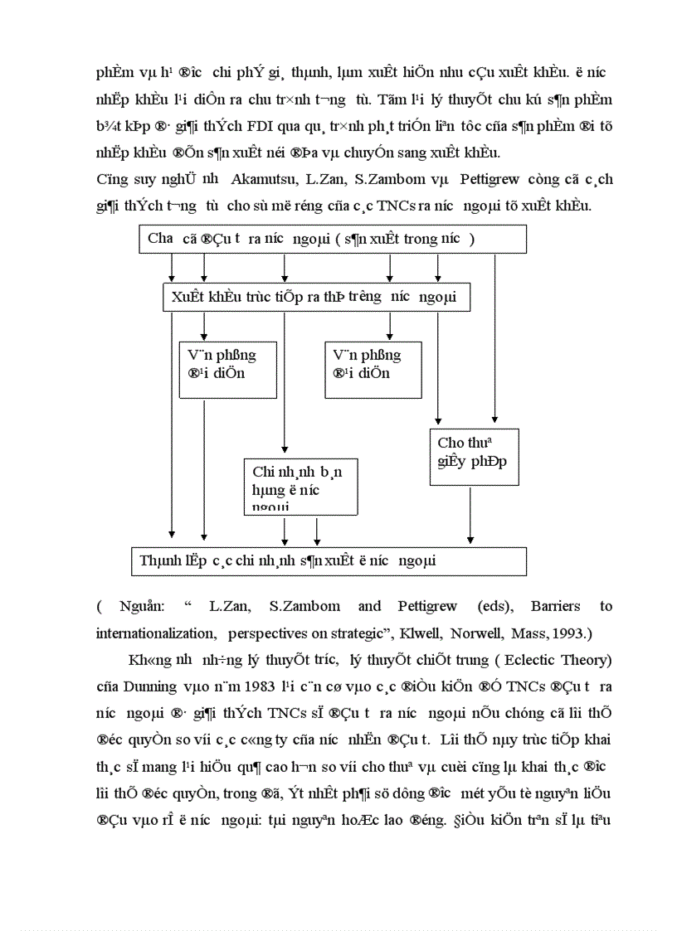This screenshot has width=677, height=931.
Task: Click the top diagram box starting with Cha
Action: [332, 239]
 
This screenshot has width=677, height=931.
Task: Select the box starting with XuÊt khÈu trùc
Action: [316, 297]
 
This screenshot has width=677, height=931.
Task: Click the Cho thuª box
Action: [474, 458]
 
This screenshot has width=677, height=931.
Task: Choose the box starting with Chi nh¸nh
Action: [300, 487]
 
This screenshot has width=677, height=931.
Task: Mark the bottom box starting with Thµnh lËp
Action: [329, 560]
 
